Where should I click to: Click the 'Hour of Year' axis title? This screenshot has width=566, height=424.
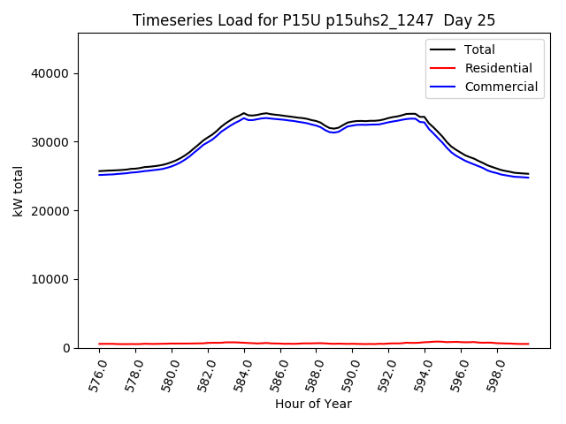coord(313,405)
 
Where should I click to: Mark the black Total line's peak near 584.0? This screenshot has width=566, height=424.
coord(243,113)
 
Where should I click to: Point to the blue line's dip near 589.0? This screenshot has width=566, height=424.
coord(333,132)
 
